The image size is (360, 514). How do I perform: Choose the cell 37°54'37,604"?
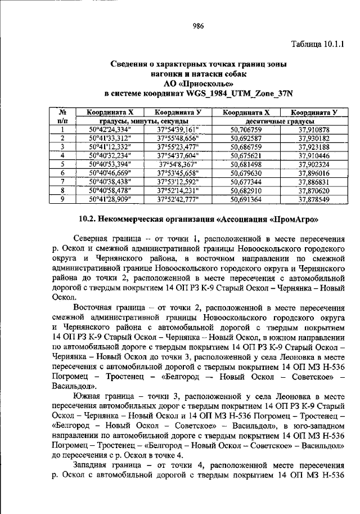tap(177, 154)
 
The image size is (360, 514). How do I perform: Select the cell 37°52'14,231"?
tap(177, 190)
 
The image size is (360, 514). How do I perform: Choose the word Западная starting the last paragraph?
tap(94, 466)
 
